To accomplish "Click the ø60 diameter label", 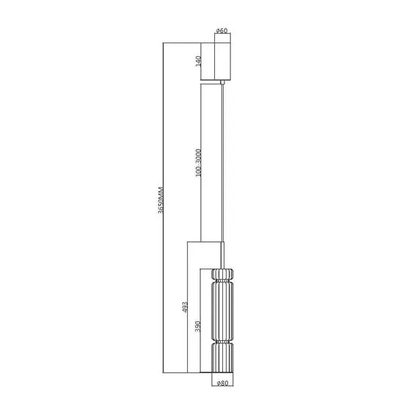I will point(222,31).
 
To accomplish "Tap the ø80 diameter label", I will point(222,381).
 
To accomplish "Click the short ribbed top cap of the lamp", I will point(222,276).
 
